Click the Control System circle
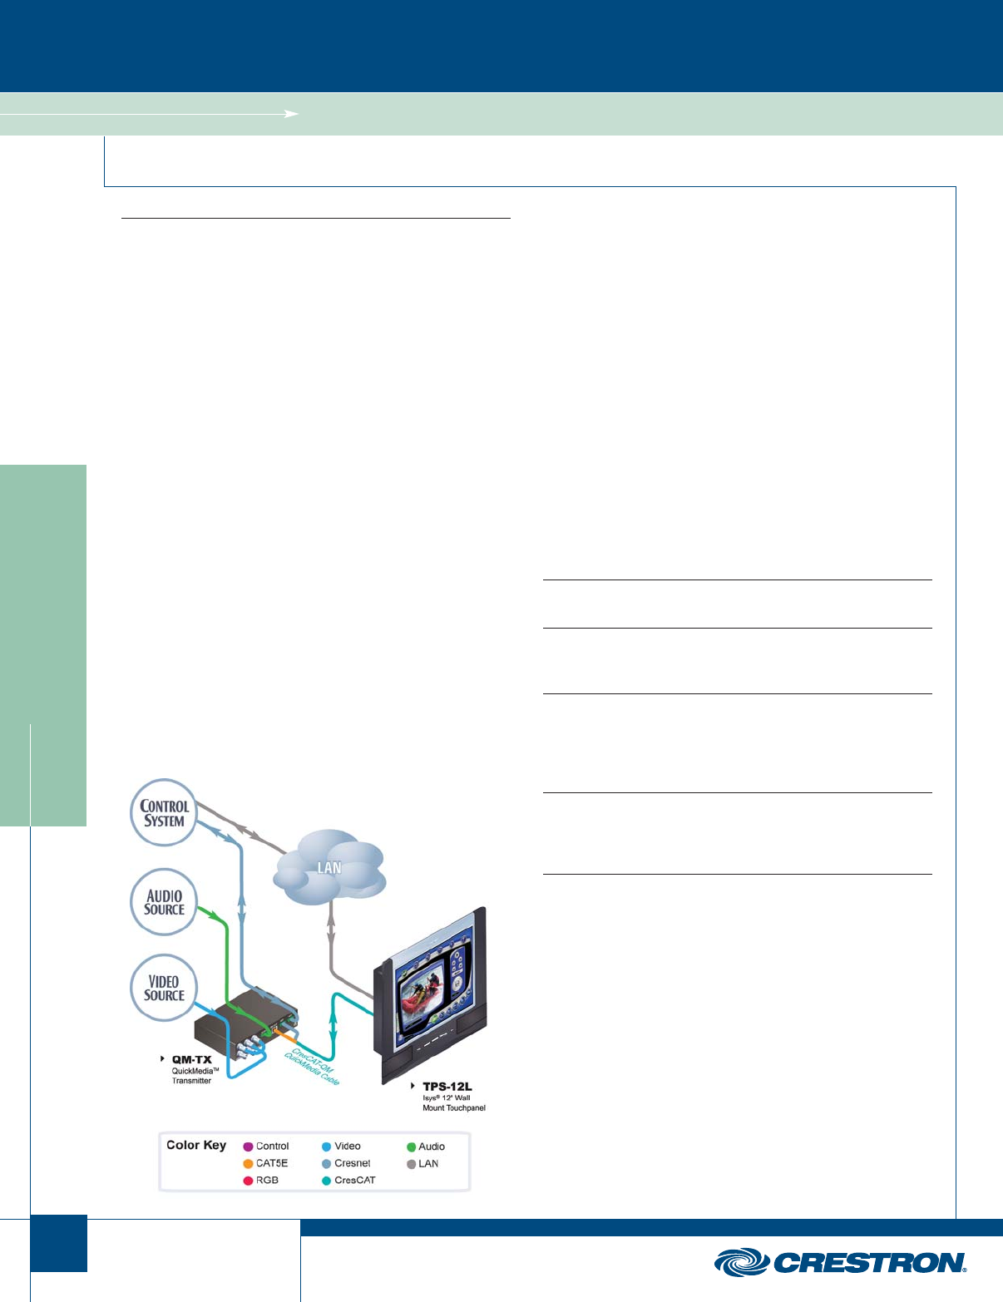pos(165,813)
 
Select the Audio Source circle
pos(165,902)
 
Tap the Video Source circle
pos(165,989)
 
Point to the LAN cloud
pos(330,868)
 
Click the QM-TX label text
pos(191,1060)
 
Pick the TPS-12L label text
pos(447,1087)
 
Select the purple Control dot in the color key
pos(248,1147)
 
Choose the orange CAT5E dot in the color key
pos(248,1164)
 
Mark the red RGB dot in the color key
pos(248,1181)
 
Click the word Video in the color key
pos(348,1147)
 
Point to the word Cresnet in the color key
pos(353,1164)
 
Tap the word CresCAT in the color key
pos(355,1181)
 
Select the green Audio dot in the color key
pos(411,1147)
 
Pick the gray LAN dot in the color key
pos(411,1164)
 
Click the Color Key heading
pos(196,1145)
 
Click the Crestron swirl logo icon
pos(741,1262)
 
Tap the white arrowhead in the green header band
pos(292,113)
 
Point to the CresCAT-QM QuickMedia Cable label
pos(312,1067)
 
